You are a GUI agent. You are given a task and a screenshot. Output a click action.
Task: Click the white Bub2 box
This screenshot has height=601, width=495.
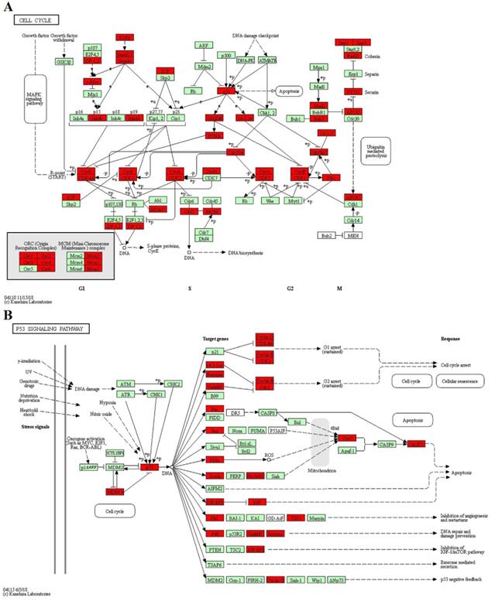(x=328, y=234)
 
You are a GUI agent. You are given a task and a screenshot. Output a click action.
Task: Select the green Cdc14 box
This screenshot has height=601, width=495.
(x=353, y=220)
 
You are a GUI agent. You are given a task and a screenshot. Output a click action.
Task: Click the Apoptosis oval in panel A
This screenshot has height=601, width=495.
(x=285, y=90)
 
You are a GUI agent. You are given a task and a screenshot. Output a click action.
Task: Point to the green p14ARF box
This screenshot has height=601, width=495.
(x=89, y=467)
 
